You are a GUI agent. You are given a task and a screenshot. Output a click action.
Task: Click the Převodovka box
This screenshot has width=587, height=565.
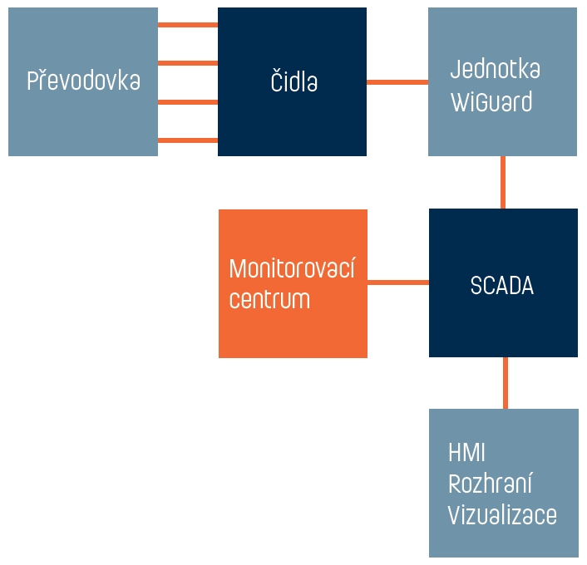[x=83, y=81]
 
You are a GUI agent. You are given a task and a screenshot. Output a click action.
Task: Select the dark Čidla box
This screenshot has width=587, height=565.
[x=292, y=81]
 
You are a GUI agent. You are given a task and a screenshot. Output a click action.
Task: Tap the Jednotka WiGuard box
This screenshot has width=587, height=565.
[x=502, y=81]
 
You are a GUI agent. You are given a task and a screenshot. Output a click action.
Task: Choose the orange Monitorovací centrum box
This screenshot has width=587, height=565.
[x=293, y=283]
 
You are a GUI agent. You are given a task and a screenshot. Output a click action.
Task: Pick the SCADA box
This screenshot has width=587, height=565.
[x=503, y=282]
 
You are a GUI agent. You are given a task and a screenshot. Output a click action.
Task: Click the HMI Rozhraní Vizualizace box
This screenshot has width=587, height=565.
[x=504, y=483]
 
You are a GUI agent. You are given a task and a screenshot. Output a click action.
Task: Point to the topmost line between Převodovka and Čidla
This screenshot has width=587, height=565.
[x=188, y=25]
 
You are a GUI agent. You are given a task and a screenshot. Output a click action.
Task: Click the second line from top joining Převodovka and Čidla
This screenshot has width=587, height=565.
[x=188, y=63]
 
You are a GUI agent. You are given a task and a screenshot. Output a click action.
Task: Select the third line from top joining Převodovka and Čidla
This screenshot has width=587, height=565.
[x=188, y=102]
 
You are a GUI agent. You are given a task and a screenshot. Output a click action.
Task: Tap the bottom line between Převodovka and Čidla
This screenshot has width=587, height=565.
[x=188, y=140]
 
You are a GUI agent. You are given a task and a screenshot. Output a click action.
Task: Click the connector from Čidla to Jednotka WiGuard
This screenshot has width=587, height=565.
[x=397, y=82]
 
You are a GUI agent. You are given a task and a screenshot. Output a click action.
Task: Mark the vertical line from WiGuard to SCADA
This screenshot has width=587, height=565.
[x=503, y=182]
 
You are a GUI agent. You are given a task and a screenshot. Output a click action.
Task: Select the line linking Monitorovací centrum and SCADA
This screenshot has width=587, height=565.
[x=398, y=282]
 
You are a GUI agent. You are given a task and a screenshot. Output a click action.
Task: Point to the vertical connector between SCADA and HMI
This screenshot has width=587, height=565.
[x=506, y=383]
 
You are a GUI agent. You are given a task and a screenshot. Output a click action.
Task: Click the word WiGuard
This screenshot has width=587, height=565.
[x=491, y=101]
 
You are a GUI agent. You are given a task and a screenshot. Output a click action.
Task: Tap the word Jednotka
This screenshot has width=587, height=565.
[x=496, y=69]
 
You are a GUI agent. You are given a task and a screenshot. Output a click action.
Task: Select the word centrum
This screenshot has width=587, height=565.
[x=269, y=299]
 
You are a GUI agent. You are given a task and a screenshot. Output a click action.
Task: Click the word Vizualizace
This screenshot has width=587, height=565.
[x=502, y=514]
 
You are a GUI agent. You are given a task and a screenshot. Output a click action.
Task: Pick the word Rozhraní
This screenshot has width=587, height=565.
[x=490, y=483]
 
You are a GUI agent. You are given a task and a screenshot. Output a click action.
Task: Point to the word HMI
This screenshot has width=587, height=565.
[x=466, y=452]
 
